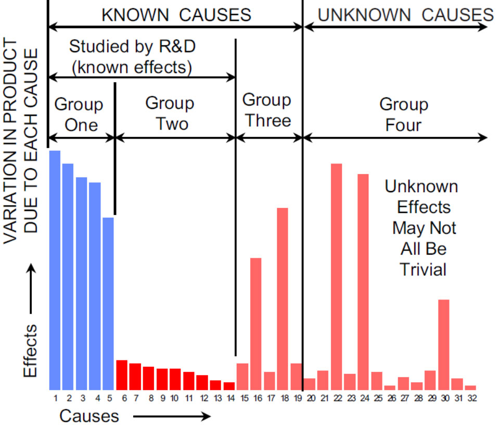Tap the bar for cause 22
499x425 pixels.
tap(336, 276)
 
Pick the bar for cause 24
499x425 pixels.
tap(363, 281)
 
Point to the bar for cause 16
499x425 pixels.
tap(255, 323)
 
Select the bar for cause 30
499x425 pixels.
tap(444, 344)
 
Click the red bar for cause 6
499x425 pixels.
tap(122, 374)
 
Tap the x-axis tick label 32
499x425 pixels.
tap(471, 399)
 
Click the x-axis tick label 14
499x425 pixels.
tap(229, 399)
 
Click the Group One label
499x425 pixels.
tap(79, 115)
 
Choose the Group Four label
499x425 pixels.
tap(404, 115)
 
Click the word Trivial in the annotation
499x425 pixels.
tap(423, 270)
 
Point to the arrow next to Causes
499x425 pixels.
tap(172, 416)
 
